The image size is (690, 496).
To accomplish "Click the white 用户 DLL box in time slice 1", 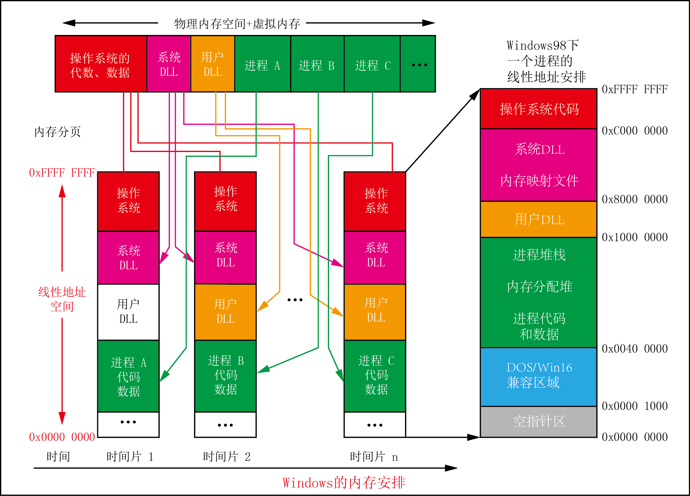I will [128, 312].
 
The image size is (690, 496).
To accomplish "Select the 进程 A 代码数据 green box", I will [128, 376].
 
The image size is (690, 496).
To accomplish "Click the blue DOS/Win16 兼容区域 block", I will [538, 376].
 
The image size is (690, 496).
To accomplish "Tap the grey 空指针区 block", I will [538, 421].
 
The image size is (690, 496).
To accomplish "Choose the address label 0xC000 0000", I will [635, 131].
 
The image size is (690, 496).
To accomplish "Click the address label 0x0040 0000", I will [635, 349].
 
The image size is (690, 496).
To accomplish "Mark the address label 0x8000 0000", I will [635, 199].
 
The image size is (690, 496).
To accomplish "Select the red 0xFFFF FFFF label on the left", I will [62, 173].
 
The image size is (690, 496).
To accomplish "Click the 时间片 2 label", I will [227, 456].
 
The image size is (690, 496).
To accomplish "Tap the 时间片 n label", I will [373, 456].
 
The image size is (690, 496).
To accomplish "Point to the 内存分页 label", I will [57, 132].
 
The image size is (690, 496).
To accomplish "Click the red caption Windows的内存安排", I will [344, 483].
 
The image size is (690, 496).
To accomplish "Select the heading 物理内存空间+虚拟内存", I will [237, 24].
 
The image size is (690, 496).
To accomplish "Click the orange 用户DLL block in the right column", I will [538, 219].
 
